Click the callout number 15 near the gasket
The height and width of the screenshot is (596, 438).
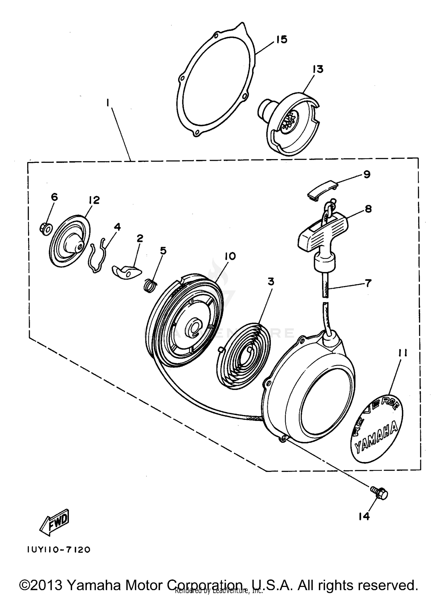(x=281, y=39)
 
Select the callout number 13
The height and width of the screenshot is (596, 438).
(x=318, y=69)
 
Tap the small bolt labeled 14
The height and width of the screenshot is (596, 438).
(x=380, y=494)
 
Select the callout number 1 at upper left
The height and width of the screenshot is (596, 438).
(x=108, y=103)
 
